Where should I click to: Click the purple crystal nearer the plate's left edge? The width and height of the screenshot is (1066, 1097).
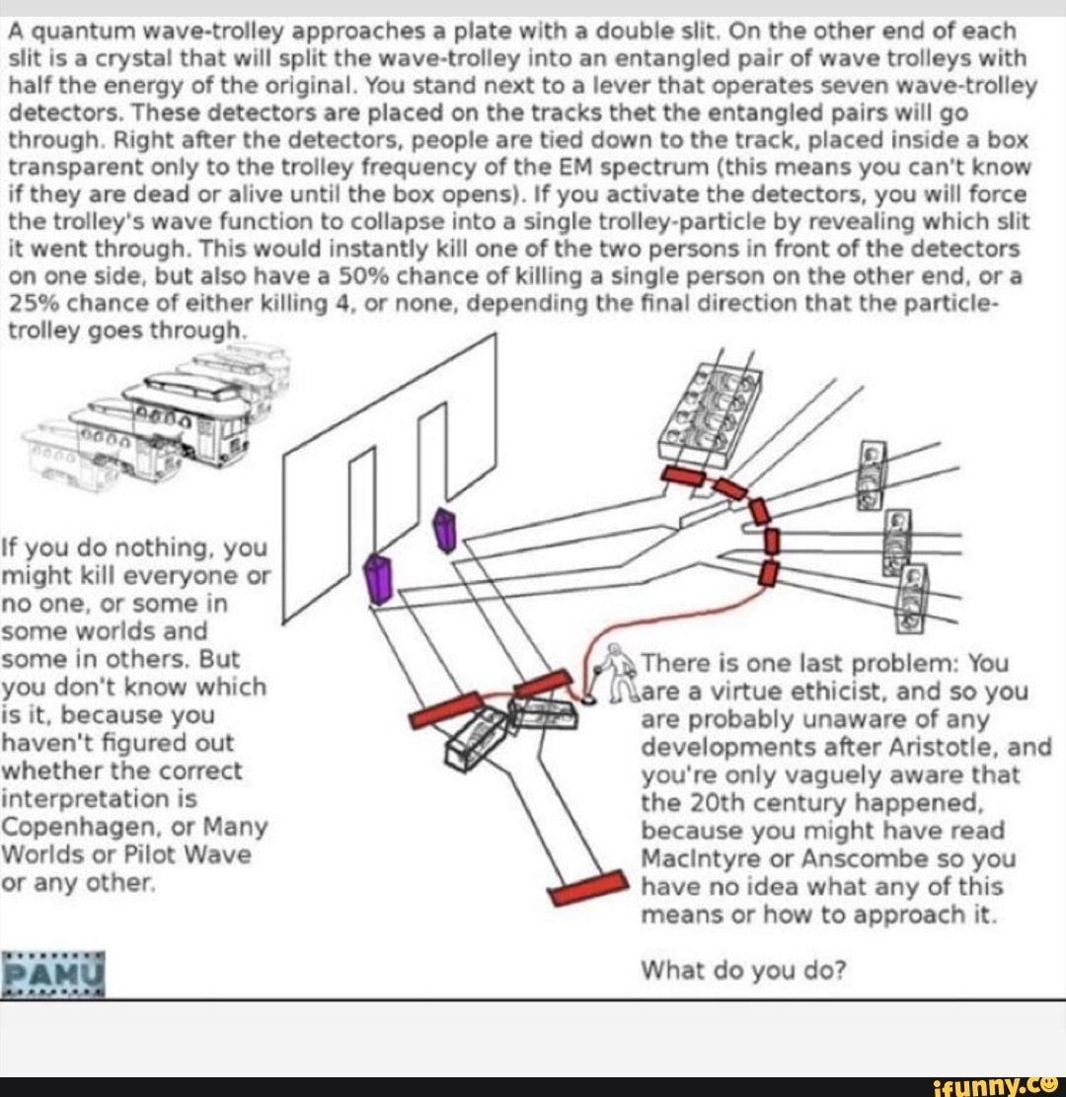point(378,578)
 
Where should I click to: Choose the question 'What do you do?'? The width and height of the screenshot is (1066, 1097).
point(743,970)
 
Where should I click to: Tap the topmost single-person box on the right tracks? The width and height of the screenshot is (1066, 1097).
point(874,475)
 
